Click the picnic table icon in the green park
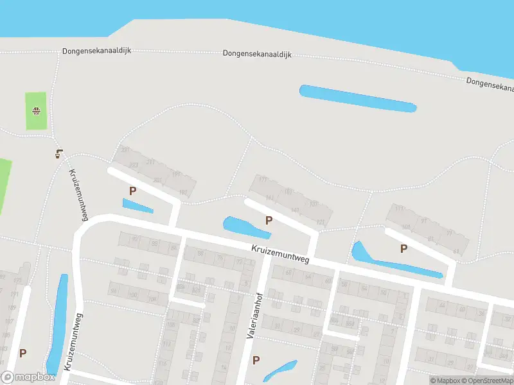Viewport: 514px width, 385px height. tap(37, 110)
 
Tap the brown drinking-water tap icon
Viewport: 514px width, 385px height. tap(59, 153)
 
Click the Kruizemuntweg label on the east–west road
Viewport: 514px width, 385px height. tap(280, 253)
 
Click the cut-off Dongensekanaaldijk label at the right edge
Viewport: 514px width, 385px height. tap(490, 83)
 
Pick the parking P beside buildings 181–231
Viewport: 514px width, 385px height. tap(133, 191)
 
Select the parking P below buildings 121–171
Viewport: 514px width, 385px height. tap(269, 220)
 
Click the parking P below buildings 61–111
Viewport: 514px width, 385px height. tap(403, 249)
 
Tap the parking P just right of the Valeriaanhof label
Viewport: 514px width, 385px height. tap(256, 360)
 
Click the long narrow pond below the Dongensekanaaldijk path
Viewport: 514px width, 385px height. tap(357, 98)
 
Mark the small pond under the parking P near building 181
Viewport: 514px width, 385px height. tap(137, 206)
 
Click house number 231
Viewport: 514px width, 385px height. tap(125, 150)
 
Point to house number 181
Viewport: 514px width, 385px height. tap(184, 193)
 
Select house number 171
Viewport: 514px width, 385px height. tap(262, 180)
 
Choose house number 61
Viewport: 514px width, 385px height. tap(456, 252)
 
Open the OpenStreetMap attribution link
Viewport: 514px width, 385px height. tap(488, 381)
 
